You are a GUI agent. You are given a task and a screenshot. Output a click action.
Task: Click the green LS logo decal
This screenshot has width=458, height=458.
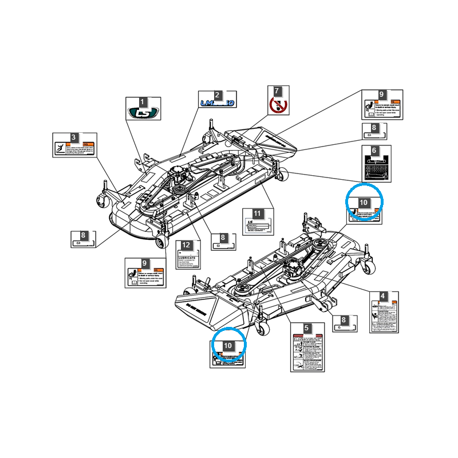[x=143, y=113]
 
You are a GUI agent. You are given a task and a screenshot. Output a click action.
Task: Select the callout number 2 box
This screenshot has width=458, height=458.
[x=218, y=95]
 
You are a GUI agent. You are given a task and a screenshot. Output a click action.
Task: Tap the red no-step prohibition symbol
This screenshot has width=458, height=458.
[x=277, y=105]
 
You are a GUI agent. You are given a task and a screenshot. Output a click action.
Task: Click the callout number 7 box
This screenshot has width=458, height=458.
[x=277, y=91]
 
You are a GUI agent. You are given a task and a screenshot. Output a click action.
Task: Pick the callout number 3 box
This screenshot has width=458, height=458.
[x=74, y=137]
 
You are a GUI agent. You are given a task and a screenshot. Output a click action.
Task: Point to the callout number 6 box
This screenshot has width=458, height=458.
[x=374, y=150]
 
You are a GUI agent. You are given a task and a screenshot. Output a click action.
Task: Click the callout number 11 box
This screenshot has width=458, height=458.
[x=258, y=214]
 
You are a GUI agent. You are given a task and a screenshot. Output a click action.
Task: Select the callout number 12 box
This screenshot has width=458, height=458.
[x=185, y=245]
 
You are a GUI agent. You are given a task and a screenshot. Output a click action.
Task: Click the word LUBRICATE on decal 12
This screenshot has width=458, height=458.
[x=187, y=258]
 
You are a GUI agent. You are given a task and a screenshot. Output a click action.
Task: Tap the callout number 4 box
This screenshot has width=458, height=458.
[x=383, y=297]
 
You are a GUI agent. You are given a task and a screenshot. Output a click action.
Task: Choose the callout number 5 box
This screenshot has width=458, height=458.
[x=307, y=328]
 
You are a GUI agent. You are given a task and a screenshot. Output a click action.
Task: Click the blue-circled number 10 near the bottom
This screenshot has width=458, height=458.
[x=228, y=346]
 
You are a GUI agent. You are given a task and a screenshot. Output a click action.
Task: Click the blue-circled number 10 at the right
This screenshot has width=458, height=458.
[x=364, y=202]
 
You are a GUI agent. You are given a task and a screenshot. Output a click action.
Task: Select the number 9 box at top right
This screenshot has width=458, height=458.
[x=382, y=94]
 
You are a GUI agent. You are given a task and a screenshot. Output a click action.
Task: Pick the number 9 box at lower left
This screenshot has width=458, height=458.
[x=145, y=263]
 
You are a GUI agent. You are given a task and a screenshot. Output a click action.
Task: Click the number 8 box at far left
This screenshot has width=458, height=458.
[x=84, y=235]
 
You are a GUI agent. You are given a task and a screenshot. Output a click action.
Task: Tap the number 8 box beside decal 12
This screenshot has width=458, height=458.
[x=223, y=237]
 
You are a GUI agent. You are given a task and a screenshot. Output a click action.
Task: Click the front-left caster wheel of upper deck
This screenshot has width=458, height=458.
[x=103, y=201]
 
